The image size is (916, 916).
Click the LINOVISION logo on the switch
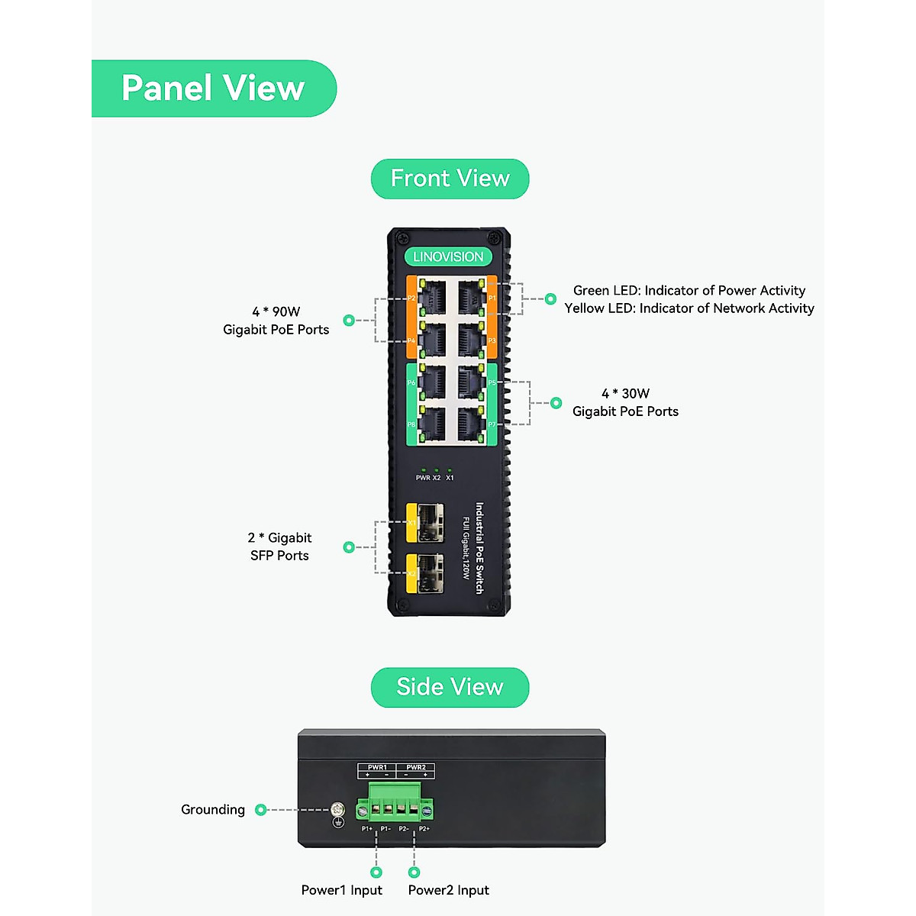[448, 257]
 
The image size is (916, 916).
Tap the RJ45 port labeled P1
[470, 297]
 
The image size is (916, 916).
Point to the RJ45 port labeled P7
[470, 424]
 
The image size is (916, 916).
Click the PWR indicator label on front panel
[423, 478]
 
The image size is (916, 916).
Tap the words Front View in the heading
[450, 179]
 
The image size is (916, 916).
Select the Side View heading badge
[450, 687]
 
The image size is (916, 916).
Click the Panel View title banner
[213, 89]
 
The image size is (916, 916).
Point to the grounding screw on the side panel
[337, 811]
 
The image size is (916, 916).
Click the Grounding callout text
[213, 810]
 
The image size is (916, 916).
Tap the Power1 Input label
[341, 890]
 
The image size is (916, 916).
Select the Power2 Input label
[448, 890]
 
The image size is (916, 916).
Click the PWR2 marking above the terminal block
[416, 767]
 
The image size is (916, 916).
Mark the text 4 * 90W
[276, 311]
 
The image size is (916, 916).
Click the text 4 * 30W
[625, 394]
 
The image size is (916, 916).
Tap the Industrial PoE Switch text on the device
[479, 547]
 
